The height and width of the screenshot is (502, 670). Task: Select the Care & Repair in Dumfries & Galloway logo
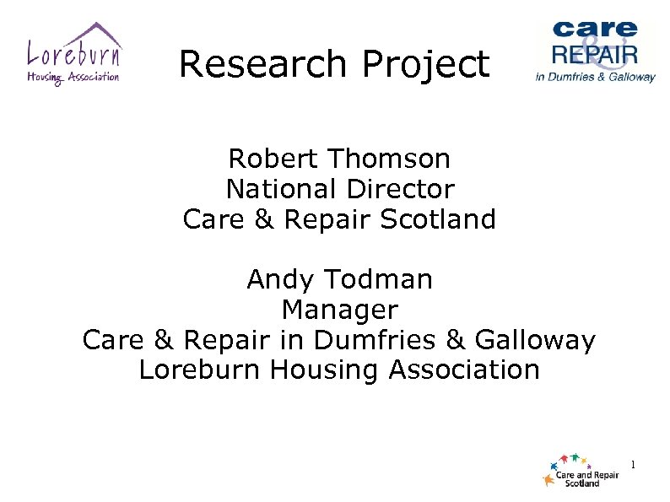coord(595,51)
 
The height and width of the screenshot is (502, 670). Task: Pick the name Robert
coord(273,158)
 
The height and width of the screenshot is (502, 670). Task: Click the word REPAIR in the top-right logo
coord(594,56)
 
